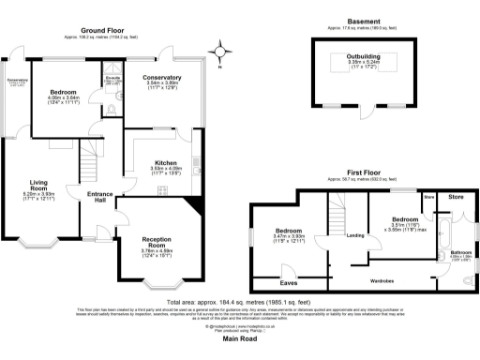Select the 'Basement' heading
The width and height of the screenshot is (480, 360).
(x=363, y=21)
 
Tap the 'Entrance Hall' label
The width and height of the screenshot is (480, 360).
(x=99, y=197)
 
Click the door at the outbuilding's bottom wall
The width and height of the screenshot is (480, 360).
(x=361, y=112)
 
